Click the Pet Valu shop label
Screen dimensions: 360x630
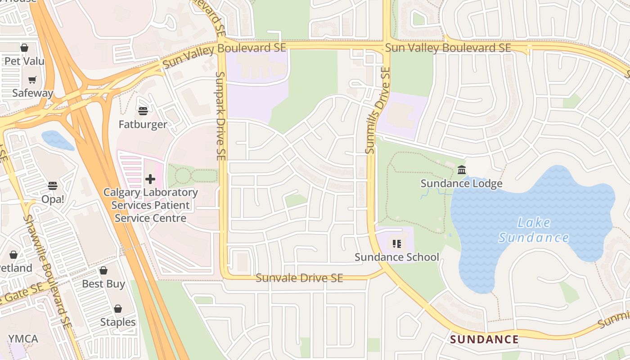coord(24,60)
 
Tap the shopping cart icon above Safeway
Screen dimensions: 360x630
coord(32,80)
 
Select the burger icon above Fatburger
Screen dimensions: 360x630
coord(143,111)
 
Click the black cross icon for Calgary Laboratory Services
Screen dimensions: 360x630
coord(150,179)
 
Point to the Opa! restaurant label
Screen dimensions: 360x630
coord(53,199)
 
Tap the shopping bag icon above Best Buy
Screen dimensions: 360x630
coord(103,270)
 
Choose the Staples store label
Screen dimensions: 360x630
coord(118,322)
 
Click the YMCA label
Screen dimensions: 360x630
coord(23,339)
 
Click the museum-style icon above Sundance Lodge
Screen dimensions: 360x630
coord(462,170)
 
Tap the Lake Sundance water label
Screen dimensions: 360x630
coord(534,230)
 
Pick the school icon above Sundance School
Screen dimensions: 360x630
coord(396,244)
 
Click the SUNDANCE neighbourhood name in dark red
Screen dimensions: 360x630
coord(484,339)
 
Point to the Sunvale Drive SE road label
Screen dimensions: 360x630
coord(299,278)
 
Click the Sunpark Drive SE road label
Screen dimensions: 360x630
coord(220,116)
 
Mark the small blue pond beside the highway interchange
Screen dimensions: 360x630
coord(58,140)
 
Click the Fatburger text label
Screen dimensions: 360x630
coord(143,124)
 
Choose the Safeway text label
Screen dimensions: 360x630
coord(32,93)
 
